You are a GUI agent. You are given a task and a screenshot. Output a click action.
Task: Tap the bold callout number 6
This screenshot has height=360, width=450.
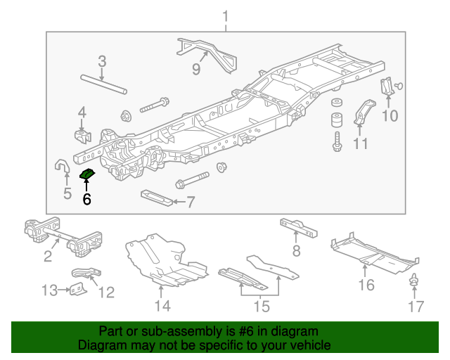point(86,199)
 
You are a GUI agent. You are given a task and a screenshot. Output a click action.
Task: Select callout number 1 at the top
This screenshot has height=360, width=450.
point(226,15)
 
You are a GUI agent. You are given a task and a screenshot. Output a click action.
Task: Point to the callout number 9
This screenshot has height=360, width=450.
point(196,69)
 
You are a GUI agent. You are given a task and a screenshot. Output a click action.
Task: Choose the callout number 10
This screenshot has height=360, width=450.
point(390,116)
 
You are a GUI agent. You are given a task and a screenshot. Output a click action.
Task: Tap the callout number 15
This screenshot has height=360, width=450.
point(261,307)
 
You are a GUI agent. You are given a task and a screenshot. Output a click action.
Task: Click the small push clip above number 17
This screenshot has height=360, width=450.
point(415,280)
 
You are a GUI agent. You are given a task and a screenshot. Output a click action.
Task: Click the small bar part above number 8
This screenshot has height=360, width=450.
point(298,226)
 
